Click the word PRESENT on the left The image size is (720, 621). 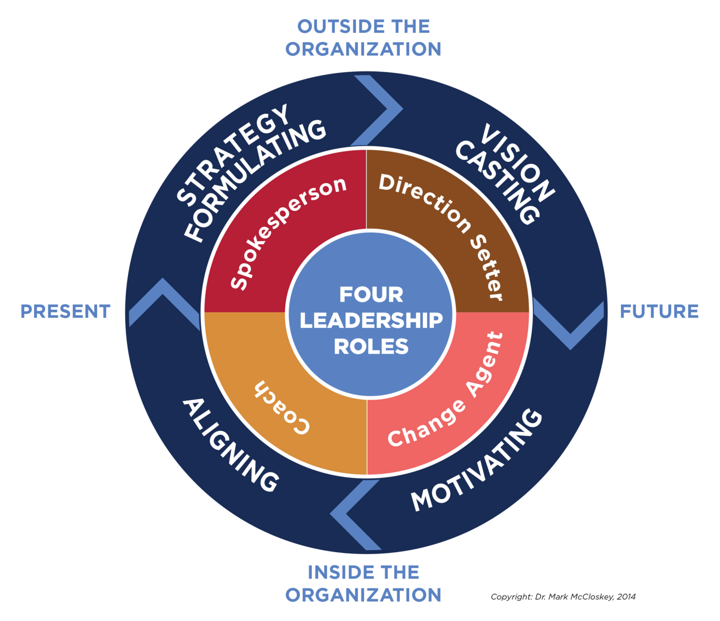point(65,311)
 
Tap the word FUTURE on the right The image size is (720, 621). point(659,311)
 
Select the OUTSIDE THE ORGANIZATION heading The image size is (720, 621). point(363,38)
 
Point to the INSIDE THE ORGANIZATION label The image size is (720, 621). point(363,583)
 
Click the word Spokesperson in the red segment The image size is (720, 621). point(287,232)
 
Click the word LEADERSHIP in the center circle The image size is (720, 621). point(371,320)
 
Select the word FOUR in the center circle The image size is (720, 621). point(371,295)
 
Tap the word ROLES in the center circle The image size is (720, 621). point(371,347)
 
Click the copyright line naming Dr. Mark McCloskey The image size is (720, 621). point(563,597)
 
